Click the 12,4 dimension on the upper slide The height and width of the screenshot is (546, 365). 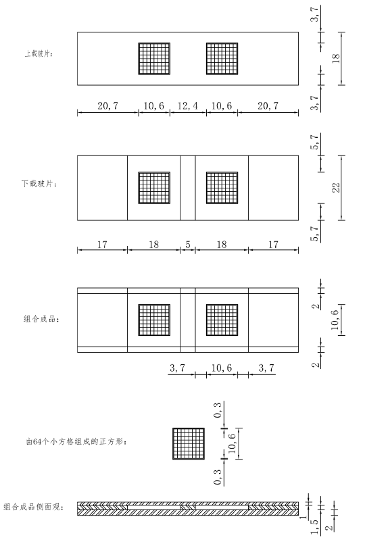pyautogui.click(x=188, y=105)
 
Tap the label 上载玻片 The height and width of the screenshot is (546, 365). pyautogui.click(x=39, y=54)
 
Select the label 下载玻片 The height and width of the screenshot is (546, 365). pyautogui.click(x=39, y=184)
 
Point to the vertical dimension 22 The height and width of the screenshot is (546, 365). pyautogui.click(x=336, y=188)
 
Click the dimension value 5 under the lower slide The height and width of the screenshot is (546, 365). pyautogui.click(x=188, y=245)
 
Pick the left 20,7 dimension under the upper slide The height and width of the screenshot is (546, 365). pyautogui.click(x=108, y=105)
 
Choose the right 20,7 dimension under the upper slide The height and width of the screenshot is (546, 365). pyautogui.click(x=268, y=105)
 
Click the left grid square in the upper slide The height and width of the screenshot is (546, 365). pyautogui.click(x=154, y=59)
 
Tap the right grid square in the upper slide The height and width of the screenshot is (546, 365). pyautogui.click(x=222, y=59)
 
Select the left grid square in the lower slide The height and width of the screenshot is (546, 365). pyautogui.click(x=154, y=188)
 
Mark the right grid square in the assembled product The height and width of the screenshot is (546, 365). pyautogui.click(x=222, y=320)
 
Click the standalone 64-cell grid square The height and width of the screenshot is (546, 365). pyautogui.click(x=189, y=443)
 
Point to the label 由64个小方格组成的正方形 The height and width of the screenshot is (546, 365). pyautogui.click(x=76, y=441)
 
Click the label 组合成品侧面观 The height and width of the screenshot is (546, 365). pyautogui.click(x=34, y=507)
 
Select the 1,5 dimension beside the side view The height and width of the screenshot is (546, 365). pyautogui.click(x=315, y=527)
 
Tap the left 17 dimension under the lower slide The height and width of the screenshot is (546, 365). pyautogui.click(x=102, y=245)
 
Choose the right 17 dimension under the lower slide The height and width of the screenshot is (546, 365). pyautogui.click(x=273, y=245)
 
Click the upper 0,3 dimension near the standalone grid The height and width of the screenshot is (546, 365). pyautogui.click(x=218, y=409)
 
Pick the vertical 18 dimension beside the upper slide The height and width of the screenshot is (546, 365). pyautogui.click(x=336, y=58)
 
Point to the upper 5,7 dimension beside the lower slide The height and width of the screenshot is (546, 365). pyautogui.click(x=315, y=142)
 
